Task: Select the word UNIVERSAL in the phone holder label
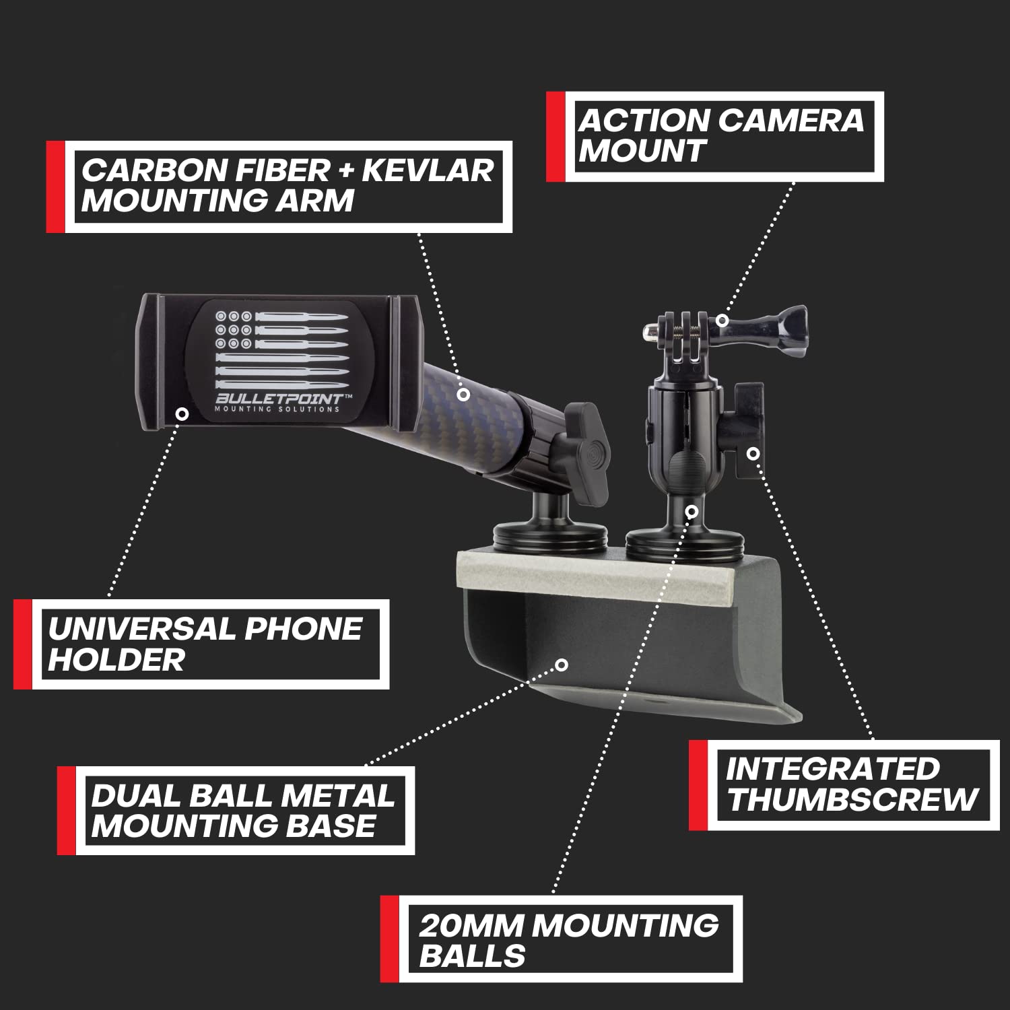pyautogui.click(x=139, y=630)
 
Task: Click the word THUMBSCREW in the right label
pyautogui.click(x=852, y=800)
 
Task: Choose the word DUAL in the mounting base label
pyautogui.click(x=135, y=796)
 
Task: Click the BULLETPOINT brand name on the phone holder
pyautogui.click(x=277, y=399)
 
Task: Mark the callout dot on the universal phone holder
pyautogui.click(x=182, y=413)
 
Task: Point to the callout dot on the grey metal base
pyautogui.click(x=562, y=665)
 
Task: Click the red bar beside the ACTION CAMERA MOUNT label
pyautogui.click(x=555, y=137)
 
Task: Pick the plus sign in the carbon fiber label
pyautogui.click(x=346, y=171)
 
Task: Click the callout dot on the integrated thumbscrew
pyautogui.click(x=753, y=454)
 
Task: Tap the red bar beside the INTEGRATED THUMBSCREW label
pyautogui.click(x=698, y=785)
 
